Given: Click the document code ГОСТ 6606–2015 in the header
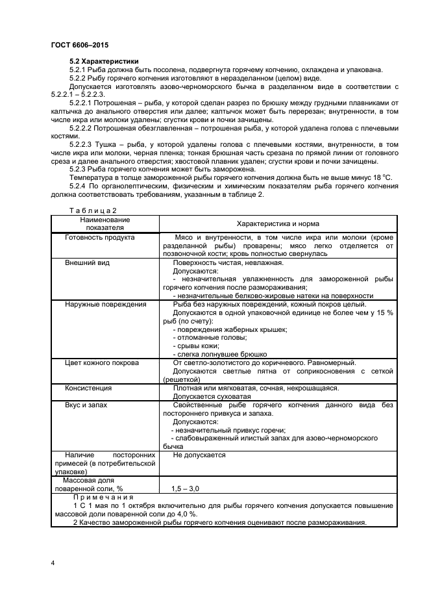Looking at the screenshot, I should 79,45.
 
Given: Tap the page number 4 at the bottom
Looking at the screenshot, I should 53,562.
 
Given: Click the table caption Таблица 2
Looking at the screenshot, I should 92,210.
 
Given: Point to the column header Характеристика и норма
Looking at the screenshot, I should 277,223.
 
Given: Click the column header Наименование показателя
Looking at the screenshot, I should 105,223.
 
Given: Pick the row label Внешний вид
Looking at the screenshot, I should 87,263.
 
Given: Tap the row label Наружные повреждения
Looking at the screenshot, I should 105,304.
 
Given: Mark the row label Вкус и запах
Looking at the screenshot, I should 86,405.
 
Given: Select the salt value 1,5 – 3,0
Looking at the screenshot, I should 186,488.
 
